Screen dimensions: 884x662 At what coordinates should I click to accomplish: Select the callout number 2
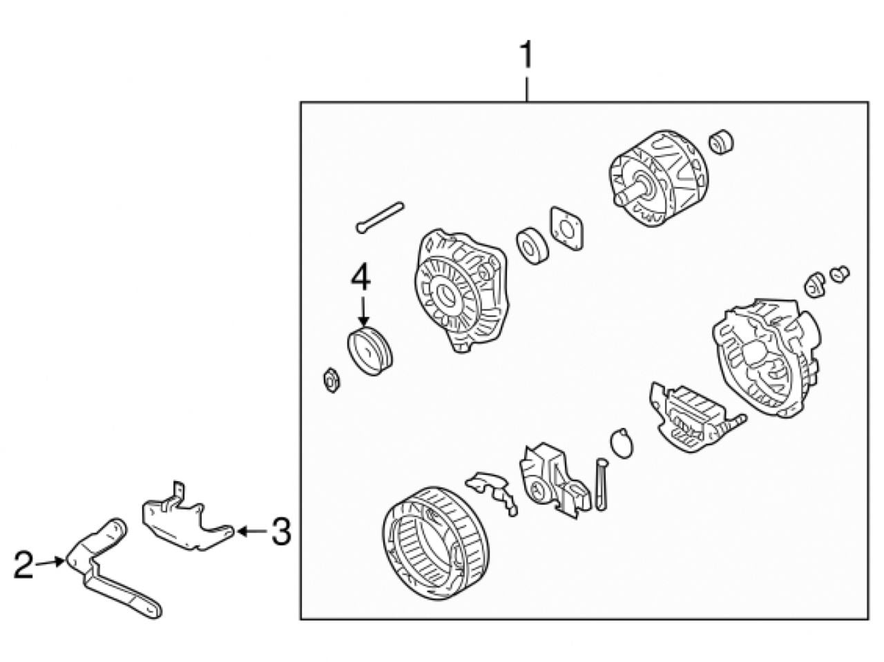[23, 565]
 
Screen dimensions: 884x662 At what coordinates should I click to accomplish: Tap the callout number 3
[281, 532]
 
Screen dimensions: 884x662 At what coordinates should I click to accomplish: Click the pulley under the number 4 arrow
[369, 351]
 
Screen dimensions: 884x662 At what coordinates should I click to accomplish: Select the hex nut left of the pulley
[331, 380]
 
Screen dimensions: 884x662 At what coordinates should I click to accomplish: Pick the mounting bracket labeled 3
[187, 520]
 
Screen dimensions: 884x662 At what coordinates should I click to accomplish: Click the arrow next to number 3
[252, 532]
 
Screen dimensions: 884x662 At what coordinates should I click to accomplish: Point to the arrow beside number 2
[50, 563]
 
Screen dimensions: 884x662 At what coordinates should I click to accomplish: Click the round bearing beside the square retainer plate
[532, 246]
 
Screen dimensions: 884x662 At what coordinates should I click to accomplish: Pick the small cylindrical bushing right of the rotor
[721, 142]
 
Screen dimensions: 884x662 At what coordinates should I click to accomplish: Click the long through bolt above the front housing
[380, 217]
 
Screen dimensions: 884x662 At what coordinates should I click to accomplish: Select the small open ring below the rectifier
[622, 443]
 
